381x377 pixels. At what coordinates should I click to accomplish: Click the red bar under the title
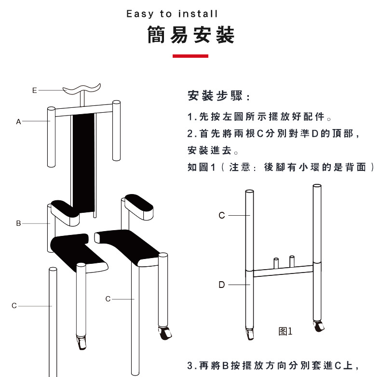(x=190, y=56)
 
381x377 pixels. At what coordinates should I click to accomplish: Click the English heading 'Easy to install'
(x=172, y=14)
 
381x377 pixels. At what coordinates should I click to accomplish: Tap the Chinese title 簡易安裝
(x=191, y=35)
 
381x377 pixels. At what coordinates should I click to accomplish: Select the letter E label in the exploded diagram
(x=35, y=91)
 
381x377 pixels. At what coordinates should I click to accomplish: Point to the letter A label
(x=18, y=121)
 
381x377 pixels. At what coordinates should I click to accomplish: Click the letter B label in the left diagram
(x=18, y=223)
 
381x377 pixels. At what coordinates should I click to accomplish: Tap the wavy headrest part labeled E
(x=82, y=89)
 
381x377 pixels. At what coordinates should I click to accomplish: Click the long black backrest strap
(x=83, y=163)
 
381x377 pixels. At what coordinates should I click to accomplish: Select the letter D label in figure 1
(x=221, y=285)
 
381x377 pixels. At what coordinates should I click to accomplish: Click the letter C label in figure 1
(x=221, y=215)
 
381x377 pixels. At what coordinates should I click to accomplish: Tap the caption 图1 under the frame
(x=285, y=331)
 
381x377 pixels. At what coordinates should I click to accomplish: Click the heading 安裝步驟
(x=215, y=96)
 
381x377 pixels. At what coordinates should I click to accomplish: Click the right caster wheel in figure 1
(x=319, y=326)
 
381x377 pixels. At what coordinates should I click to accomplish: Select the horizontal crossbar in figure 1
(x=283, y=271)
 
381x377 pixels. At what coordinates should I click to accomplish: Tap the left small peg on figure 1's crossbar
(x=276, y=263)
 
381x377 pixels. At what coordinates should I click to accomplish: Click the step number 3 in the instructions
(x=190, y=365)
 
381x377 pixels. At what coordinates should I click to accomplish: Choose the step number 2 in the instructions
(x=190, y=134)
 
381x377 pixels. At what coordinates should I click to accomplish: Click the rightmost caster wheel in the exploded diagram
(x=165, y=333)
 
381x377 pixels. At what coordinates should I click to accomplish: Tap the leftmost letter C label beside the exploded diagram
(x=14, y=306)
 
